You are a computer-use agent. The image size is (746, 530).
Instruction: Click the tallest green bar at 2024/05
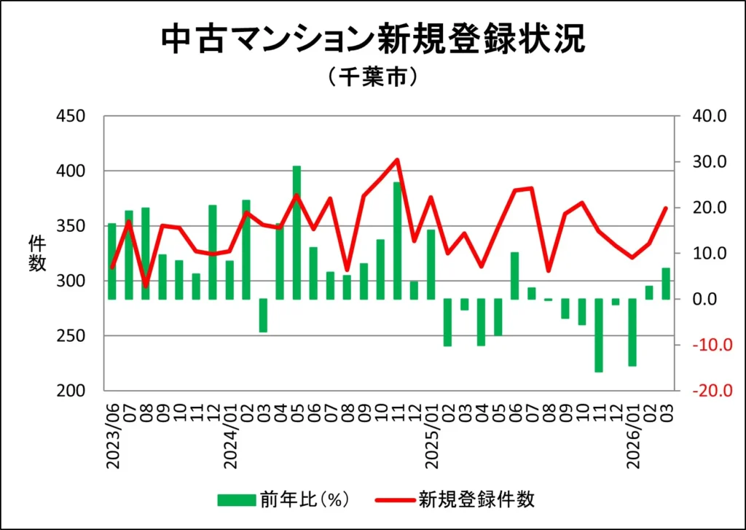coord(297,232)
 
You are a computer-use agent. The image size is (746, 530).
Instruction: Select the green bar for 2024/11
coord(398,240)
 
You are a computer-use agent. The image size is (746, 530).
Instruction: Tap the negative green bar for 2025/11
coord(599,335)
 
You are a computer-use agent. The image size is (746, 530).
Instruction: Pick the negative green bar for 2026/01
coord(632,332)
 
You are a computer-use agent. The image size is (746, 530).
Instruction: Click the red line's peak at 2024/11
coord(397,159)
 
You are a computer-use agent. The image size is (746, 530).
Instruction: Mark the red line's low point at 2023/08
coord(146,285)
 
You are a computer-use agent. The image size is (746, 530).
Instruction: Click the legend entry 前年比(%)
coord(284,499)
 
